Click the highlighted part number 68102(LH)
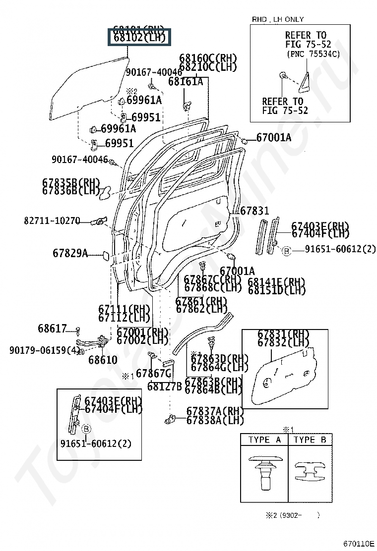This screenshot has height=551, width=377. point(139,37)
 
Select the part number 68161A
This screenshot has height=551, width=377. point(185,82)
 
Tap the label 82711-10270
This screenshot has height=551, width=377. point(52,220)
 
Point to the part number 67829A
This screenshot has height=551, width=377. point(70,254)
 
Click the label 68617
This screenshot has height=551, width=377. point(52,329)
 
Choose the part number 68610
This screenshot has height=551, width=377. point(103,360)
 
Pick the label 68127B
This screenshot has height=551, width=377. point(164,386)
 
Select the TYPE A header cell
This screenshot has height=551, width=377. point(264,440)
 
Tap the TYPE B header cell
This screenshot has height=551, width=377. point(310,440)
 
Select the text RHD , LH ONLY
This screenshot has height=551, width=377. point(278,19)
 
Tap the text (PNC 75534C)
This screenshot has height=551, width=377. point(313,54)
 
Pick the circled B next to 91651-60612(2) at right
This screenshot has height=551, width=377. point(286,252)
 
